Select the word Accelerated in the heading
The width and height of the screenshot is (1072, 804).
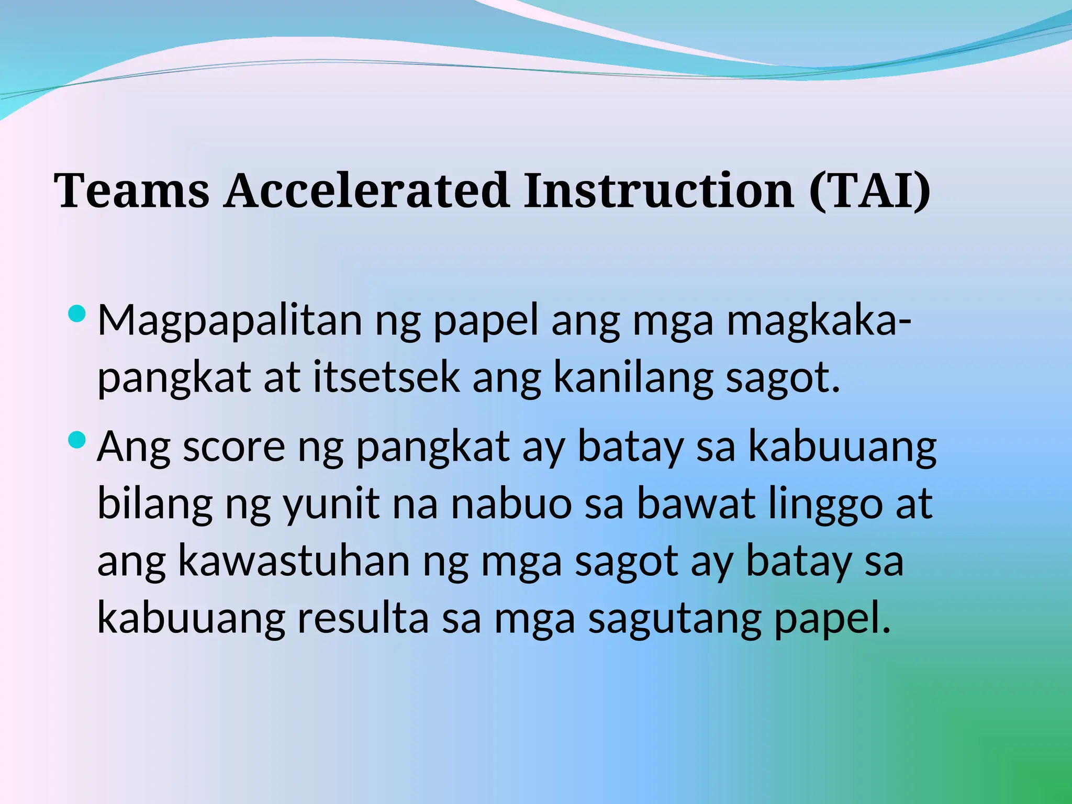pos(366,191)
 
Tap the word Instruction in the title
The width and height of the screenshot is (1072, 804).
pos(659,191)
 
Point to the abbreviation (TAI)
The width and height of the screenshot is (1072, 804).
pos(869,191)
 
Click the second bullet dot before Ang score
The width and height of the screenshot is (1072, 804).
pos(76,440)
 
